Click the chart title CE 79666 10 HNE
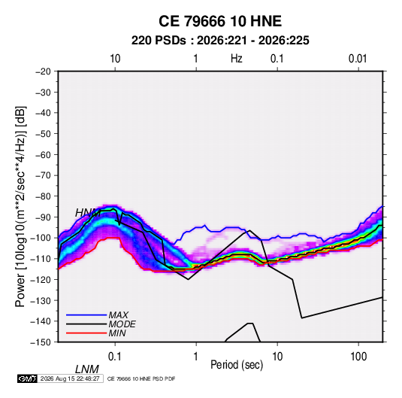(x=220, y=21)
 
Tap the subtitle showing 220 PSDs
(x=220, y=41)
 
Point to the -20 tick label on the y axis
(x=43, y=71)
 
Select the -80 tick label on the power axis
(x=43, y=196)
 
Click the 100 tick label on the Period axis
(x=358, y=357)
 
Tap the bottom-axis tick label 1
(x=196, y=357)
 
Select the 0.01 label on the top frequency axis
(x=358, y=59)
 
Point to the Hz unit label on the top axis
(x=237, y=59)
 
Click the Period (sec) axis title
(x=237, y=365)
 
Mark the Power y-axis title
(x=20, y=206)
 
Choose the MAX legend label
(x=118, y=314)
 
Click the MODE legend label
(x=122, y=324)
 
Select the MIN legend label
(x=117, y=333)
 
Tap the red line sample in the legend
(x=86, y=333)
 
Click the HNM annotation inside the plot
(x=88, y=213)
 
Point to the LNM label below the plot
(x=86, y=369)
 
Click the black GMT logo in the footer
(x=27, y=378)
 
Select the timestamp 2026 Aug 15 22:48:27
(x=70, y=378)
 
